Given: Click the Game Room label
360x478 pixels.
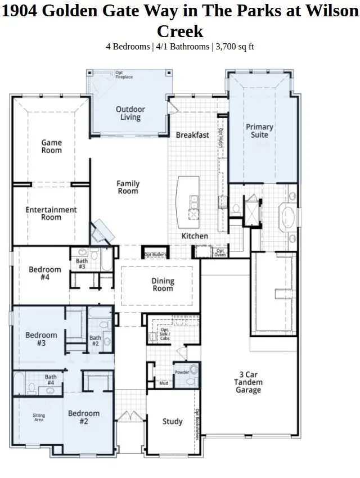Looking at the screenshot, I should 51,147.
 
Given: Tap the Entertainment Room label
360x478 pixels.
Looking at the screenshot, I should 51,214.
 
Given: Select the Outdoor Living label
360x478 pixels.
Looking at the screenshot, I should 130,113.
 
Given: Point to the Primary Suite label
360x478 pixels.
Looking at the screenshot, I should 259,131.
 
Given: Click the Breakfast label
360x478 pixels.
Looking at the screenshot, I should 192,135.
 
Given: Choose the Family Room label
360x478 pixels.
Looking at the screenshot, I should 128,187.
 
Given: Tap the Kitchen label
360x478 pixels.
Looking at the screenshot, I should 195,236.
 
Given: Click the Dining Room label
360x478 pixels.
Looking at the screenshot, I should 163,285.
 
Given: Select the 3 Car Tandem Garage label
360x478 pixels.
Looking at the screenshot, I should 248,382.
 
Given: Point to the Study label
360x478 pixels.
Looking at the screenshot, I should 172,421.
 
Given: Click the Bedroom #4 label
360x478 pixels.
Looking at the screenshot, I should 45,273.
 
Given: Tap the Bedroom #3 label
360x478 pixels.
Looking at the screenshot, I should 41,339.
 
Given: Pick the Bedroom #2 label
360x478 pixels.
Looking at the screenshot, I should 84,417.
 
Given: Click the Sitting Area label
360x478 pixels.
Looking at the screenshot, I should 39,417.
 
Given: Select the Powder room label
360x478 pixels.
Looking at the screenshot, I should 181,372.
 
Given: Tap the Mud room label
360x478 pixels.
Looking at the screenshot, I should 164,384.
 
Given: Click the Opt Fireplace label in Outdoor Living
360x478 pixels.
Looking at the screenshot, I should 124,74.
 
